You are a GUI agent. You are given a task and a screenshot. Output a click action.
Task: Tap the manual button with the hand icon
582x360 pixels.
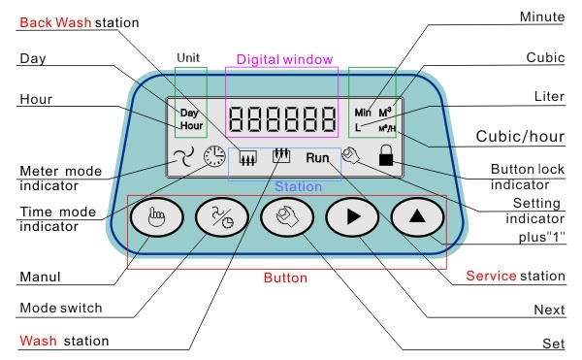[x=156, y=216]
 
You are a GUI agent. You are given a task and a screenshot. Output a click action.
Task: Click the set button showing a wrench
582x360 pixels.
[x=287, y=216]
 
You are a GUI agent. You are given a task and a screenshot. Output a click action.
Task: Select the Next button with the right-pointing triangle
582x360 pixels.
[x=352, y=216]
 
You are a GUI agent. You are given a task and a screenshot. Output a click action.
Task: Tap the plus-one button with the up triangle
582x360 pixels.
[x=417, y=216]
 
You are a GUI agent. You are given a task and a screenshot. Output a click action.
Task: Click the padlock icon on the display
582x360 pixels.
[x=386, y=155]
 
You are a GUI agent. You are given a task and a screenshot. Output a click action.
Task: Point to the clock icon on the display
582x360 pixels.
[x=214, y=156]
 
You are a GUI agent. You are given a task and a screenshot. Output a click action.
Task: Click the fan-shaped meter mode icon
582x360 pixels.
[x=183, y=156]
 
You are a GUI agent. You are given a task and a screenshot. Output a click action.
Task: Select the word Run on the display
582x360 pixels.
[x=317, y=158]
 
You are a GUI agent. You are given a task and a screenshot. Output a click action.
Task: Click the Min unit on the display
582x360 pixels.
[x=363, y=113]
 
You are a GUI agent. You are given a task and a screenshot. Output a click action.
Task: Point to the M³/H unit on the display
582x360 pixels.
[x=387, y=128]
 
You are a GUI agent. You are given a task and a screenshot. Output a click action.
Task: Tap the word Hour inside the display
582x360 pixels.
[x=191, y=126]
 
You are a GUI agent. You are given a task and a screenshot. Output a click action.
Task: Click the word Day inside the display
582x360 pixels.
[x=189, y=113]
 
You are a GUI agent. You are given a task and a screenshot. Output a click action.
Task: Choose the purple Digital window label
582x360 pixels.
[x=284, y=59]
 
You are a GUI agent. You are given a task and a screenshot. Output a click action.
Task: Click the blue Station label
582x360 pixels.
[x=299, y=186]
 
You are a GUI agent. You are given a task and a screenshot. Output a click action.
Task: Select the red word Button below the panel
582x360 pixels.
[x=285, y=278]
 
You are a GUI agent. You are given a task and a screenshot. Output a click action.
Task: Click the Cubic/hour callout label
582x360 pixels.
[x=520, y=137]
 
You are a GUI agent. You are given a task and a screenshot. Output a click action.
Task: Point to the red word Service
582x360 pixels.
[x=491, y=276]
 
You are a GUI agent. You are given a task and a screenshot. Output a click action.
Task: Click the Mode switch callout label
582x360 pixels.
[x=61, y=308]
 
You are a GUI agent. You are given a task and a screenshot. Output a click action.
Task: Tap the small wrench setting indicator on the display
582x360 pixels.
[x=351, y=155]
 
